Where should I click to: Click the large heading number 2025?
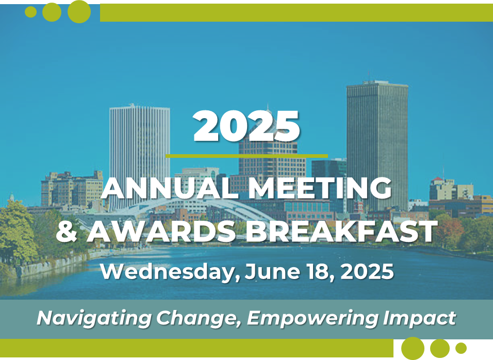246,126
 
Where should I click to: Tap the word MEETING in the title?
321,188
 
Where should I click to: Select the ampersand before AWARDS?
67,231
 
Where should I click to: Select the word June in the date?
273,271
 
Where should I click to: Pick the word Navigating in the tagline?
94,318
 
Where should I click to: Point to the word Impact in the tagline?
419,318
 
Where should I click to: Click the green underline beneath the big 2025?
247,156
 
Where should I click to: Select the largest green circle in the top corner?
79,12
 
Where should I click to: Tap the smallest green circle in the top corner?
30,12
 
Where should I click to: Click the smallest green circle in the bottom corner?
461,348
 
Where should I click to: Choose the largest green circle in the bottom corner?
413,348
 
